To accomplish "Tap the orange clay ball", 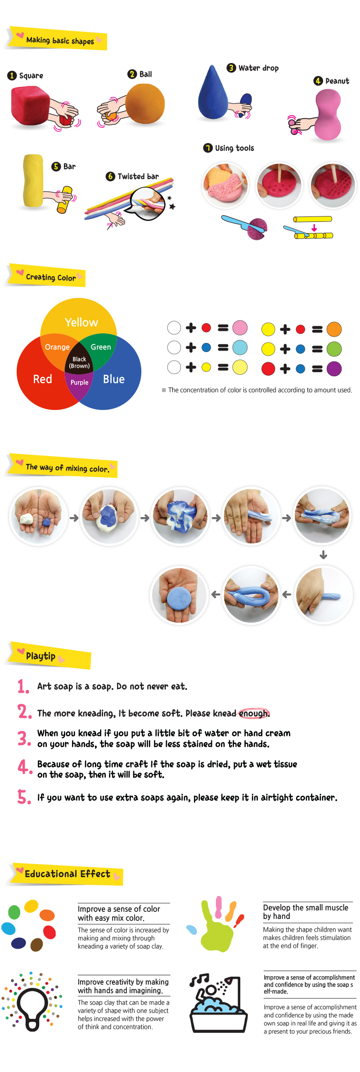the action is coord(145,104).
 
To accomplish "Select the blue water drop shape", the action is coord(212,93).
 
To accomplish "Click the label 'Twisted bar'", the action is coord(138,176).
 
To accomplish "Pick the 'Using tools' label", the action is coord(234,148).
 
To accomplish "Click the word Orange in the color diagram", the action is coord(57,347).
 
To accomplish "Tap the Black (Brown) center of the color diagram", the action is coord(79,362).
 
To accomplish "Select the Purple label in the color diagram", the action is coord(79,382).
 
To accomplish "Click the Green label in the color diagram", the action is coord(101,347).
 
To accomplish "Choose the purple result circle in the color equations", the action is coord(334,369).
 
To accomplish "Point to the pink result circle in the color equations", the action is coord(240,328).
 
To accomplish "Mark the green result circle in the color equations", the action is coord(334,349).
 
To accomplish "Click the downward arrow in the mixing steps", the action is coord(323,555).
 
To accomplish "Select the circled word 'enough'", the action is coord(254,713).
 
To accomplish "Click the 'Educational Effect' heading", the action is coord(67,874).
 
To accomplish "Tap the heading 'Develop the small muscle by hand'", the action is coord(306,912).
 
